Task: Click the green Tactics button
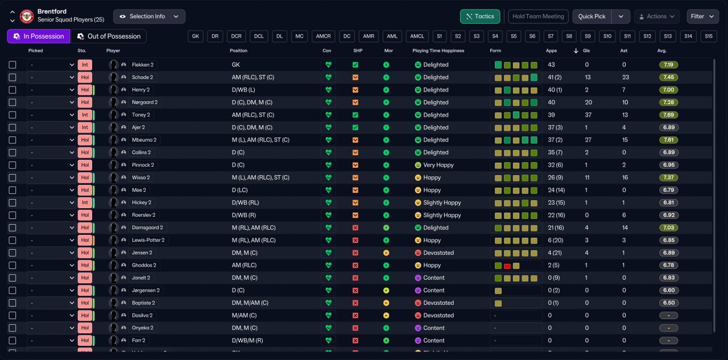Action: pos(480,16)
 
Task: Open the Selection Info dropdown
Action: pos(149,16)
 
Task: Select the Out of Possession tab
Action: pos(109,36)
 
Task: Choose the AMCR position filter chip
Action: pos(323,36)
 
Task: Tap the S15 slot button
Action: pos(709,36)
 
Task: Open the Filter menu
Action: pos(702,16)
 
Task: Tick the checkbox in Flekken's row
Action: pos(13,65)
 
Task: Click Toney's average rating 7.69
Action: pos(668,115)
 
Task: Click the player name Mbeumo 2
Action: pos(144,140)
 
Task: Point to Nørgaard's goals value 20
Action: pos(588,102)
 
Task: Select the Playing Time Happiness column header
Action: pos(438,51)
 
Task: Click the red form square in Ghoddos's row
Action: pos(507,266)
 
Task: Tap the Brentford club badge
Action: pos(27,16)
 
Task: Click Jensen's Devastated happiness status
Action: pos(438,253)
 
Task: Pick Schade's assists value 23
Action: pos(625,77)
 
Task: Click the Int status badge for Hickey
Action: pos(85,202)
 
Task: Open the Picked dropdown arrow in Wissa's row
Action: pos(72,178)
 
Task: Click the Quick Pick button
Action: pos(592,16)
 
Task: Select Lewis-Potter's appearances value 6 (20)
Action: pos(556,241)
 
